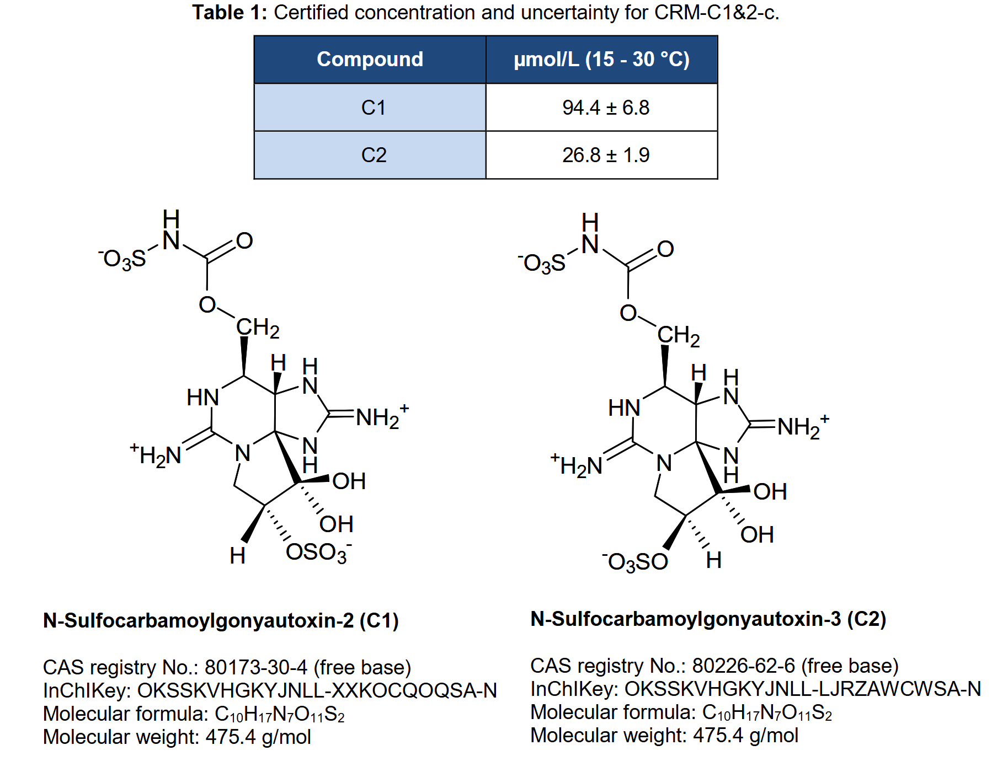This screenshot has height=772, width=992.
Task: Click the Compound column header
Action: [370, 59]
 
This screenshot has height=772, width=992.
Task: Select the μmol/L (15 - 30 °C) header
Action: [601, 60]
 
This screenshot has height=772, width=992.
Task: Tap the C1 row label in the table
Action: [374, 108]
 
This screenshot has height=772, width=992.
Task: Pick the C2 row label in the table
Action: [374, 155]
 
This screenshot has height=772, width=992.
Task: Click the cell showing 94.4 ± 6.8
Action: [606, 108]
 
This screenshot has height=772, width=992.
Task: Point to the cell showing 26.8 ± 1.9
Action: [606, 155]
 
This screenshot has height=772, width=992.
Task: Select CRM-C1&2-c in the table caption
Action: [716, 12]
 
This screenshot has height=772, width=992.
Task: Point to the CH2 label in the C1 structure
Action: [258, 328]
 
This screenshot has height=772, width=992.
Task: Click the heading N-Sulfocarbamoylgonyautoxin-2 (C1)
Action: [221, 620]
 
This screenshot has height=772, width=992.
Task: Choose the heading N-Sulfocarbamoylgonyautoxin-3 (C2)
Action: [708, 619]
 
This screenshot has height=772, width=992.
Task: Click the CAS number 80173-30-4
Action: [256, 667]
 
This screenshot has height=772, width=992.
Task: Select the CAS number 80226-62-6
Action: [744, 666]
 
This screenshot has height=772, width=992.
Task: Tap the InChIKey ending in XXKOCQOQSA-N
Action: [317, 690]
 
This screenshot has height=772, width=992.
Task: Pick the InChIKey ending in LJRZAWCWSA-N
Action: [803, 689]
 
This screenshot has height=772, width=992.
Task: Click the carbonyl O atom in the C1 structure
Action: [244, 241]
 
